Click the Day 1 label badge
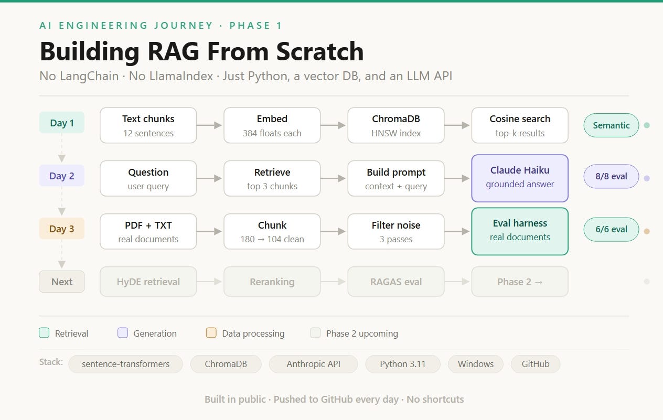click(61, 123)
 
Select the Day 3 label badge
click(61, 229)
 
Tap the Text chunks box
click(148, 125)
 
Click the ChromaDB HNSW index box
click(396, 125)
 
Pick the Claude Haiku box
click(520, 178)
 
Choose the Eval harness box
click(520, 231)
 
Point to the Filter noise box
click(396, 231)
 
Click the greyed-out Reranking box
click(272, 282)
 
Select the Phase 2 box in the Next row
click(520, 282)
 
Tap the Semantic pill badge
click(611, 125)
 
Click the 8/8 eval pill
click(611, 176)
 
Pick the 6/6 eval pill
click(611, 229)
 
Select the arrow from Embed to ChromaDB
click(333, 125)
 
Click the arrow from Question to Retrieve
click(209, 178)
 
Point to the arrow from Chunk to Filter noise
click(333, 231)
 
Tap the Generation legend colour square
click(123, 332)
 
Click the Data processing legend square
click(211, 332)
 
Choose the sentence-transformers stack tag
click(125, 364)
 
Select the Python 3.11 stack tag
click(402, 364)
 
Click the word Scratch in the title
click(319, 51)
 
